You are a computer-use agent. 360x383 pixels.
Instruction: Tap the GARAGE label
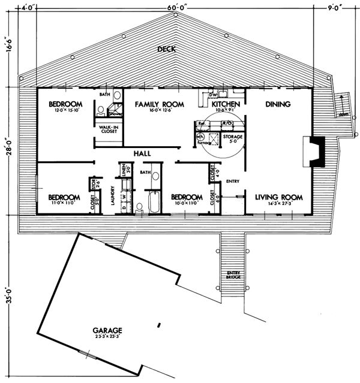click(x=108, y=330)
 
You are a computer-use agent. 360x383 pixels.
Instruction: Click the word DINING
click(x=277, y=104)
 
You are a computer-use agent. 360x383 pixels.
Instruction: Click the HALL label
click(x=142, y=154)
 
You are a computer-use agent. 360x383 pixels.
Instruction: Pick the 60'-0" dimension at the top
click(x=178, y=7)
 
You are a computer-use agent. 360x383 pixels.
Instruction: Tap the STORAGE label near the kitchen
click(x=233, y=137)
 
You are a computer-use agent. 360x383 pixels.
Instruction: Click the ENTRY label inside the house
click(x=232, y=180)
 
